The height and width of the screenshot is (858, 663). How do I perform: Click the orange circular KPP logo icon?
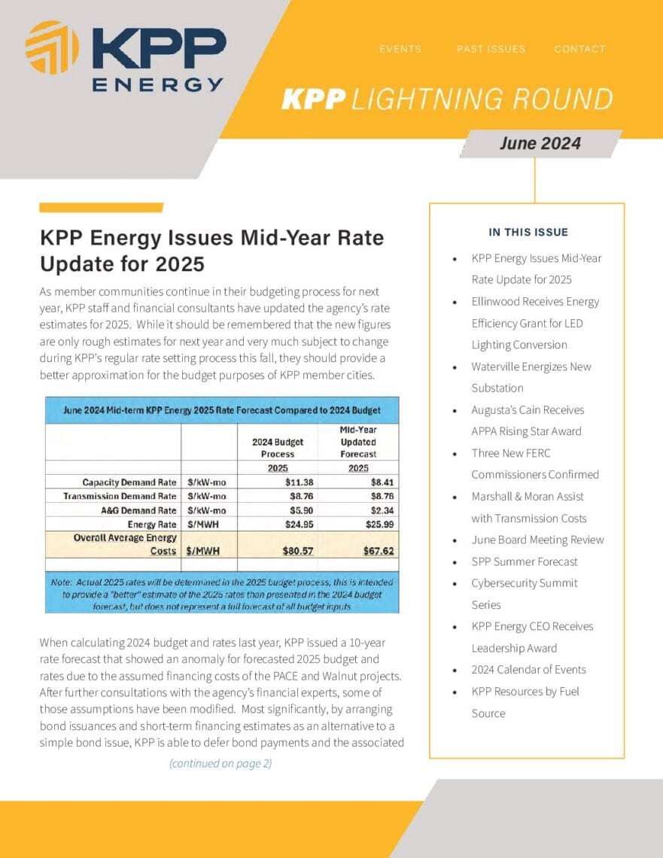(x=52, y=47)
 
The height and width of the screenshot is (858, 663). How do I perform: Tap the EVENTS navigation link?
(x=400, y=49)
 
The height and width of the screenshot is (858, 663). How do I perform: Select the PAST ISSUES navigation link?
(x=491, y=49)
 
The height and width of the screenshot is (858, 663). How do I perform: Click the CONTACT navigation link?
(x=579, y=49)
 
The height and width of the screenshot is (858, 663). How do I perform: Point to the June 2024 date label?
(x=540, y=143)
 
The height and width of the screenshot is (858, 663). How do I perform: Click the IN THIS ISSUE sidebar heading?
(x=528, y=232)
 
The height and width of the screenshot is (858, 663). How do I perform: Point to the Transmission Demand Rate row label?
(x=120, y=496)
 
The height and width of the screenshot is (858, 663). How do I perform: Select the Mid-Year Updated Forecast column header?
(x=357, y=442)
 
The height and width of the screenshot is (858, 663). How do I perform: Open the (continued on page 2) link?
(x=220, y=763)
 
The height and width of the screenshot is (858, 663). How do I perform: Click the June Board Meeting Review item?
(x=537, y=540)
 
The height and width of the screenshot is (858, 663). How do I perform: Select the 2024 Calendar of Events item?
(x=528, y=670)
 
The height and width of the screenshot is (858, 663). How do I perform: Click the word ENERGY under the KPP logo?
(x=157, y=84)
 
